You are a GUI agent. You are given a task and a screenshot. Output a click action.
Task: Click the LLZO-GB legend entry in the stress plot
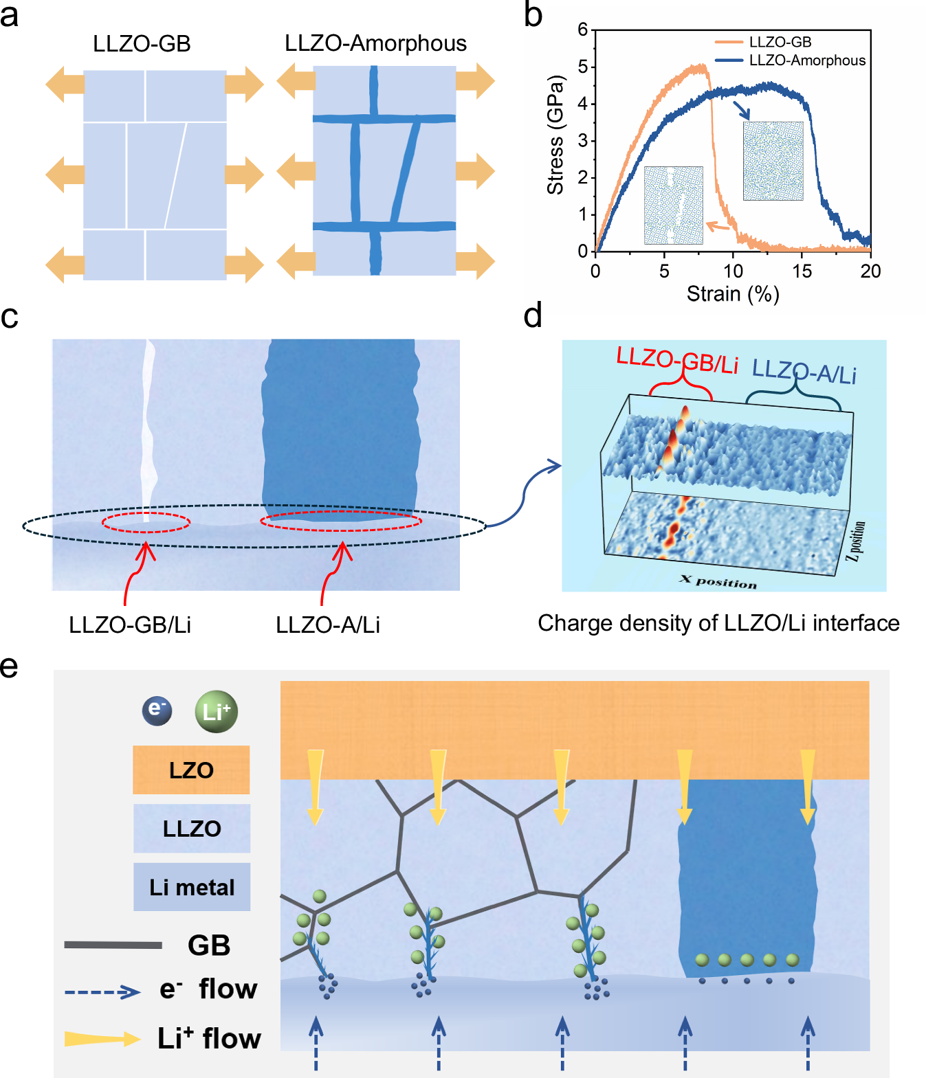tap(780, 42)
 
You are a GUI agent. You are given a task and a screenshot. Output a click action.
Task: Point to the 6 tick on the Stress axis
tap(583, 30)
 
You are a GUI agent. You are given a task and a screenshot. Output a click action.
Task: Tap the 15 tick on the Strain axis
tap(802, 271)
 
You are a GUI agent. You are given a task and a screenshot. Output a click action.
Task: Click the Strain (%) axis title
tap(733, 294)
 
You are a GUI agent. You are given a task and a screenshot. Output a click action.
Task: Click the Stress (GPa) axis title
tap(555, 135)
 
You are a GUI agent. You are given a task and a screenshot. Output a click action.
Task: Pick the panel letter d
tap(533, 316)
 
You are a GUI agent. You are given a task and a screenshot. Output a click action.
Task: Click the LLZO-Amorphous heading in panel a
tap(375, 43)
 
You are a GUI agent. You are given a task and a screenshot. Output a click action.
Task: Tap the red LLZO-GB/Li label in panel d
tap(677, 360)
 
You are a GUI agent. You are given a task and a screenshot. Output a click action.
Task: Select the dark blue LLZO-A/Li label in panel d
tap(804, 372)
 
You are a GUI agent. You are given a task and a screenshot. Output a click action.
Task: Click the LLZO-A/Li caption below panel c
tap(328, 625)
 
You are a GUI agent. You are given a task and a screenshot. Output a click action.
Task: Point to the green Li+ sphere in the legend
tap(217, 711)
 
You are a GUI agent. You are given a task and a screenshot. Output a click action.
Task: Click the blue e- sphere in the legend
tap(157, 710)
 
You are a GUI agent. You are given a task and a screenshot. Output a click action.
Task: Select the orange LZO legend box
tap(191, 770)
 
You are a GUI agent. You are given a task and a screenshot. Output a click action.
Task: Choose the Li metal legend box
tap(192, 887)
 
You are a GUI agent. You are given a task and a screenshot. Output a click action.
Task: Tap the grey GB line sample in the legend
tap(113, 945)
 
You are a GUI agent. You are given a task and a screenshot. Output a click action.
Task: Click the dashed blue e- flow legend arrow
tap(102, 991)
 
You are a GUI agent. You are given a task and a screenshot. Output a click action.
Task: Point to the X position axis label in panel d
tap(718, 582)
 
